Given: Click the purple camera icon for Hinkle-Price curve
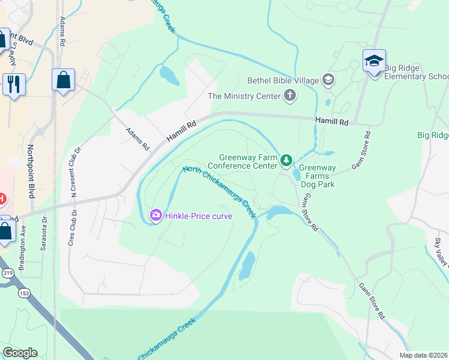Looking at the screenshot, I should click(155, 215).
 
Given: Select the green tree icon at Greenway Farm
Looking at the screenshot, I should click(287, 160).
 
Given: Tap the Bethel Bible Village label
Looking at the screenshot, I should click(283, 80).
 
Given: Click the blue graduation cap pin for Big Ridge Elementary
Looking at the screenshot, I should click(374, 61).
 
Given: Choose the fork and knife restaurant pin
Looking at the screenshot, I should click(13, 83).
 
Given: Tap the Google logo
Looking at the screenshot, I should click(20, 353).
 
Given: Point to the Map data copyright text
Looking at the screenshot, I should click(424, 355).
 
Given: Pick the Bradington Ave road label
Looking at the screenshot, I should click(22, 247).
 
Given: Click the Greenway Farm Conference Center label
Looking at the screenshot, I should click(248, 161).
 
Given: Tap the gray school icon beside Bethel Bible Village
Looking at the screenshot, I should click(328, 79).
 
